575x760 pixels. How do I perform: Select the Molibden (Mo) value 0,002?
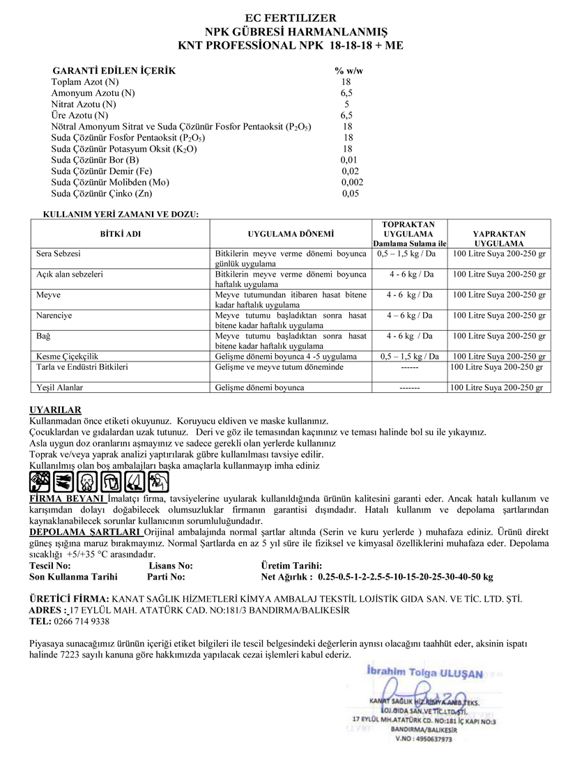pos(352,182)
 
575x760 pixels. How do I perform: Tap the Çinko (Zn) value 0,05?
pos(351,194)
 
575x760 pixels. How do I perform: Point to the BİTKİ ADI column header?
pos(121,234)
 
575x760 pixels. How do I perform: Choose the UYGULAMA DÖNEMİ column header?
pos(291,234)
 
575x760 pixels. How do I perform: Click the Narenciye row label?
pos(54,316)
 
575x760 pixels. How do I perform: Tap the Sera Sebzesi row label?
pos(58,254)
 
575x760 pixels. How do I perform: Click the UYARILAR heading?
pos(56,410)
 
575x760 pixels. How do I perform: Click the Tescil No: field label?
pos(50,566)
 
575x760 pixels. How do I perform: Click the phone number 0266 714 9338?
pos(81,621)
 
